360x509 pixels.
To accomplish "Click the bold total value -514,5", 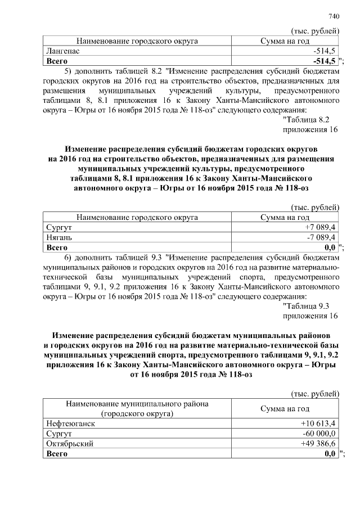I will pyautogui.click(x=325, y=60).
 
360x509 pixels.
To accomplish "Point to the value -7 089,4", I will pyautogui.click(x=321, y=237).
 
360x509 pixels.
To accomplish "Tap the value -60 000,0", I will pyautogui.click(x=319, y=434).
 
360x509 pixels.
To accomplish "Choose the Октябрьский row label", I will pyautogui.click(x=69, y=444).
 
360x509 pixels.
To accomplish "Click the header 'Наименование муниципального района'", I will pyautogui.click(x=137, y=404).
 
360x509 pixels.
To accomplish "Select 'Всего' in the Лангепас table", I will pyautogui.click(x=56, y=60).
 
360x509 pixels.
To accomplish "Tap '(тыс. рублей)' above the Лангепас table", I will pyautogui.click(x=314, y=30).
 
